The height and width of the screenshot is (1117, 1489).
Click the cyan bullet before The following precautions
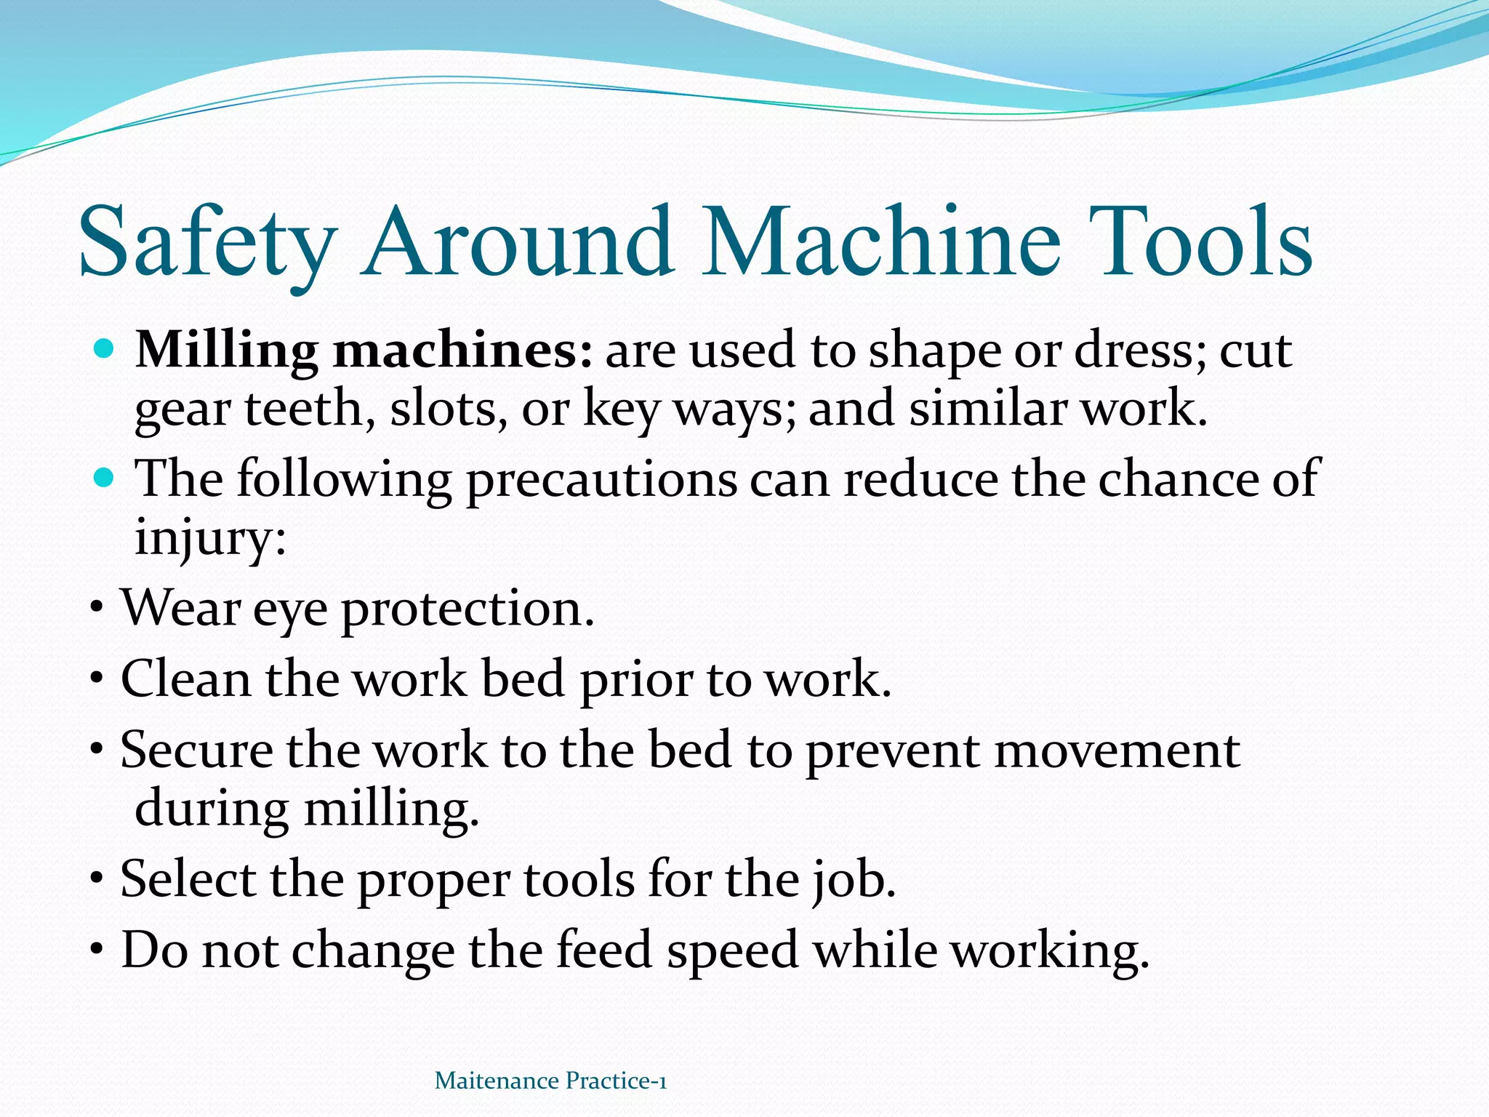pyautogui.click(x=105, y=479)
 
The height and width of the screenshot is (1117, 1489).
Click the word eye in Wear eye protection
pyautogui.click(x=290, y=610)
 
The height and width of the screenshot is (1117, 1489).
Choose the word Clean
pyautogui.click(x=185, y=679)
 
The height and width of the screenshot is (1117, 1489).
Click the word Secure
pyautogui.click(x=196, y=750)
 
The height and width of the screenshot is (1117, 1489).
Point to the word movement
pyautogui.click(x=1116, y=750)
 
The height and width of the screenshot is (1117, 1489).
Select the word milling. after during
pyautogui.click(x=391, y=809)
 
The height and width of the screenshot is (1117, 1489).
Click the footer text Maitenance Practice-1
pyautogui.click(x=550, y=1081)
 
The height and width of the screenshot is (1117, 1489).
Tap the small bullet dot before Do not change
pyautogui.click(x=97, y=950)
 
